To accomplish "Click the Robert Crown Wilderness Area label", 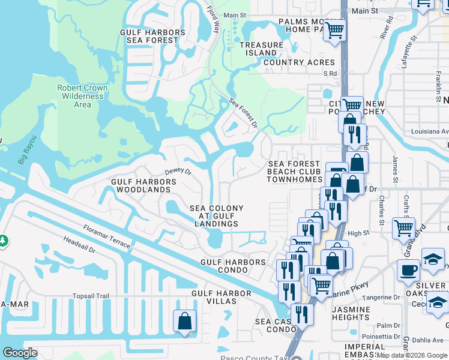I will click(82, 96).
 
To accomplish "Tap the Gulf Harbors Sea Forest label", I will click(152, 37).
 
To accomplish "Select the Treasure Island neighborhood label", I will click(261, 49).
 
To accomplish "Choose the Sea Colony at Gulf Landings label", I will click(217, 216).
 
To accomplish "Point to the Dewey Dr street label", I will click(178, 172).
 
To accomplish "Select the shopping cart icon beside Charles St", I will click(403, 228).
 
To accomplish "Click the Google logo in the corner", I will click(20, 353).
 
